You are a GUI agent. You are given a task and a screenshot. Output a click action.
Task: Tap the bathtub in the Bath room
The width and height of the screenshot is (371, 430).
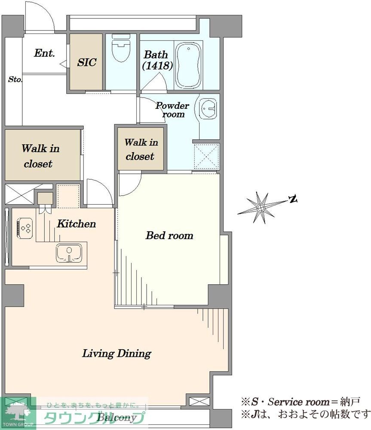188,65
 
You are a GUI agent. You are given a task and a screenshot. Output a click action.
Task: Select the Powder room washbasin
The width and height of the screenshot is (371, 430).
208,109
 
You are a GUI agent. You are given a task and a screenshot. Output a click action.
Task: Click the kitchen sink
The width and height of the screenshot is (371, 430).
69,253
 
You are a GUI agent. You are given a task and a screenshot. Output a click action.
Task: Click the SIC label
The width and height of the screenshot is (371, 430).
87,62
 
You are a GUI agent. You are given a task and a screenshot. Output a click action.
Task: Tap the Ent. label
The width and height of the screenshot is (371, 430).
44,53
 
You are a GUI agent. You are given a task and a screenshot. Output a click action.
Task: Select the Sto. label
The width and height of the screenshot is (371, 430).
15,80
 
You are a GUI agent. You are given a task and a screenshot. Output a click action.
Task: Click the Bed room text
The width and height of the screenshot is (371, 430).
169,235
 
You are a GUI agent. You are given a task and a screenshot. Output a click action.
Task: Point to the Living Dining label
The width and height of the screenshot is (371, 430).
117,353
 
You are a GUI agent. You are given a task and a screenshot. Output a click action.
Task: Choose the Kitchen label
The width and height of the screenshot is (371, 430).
77,224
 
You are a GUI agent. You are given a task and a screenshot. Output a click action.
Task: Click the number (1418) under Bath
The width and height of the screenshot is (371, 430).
157,65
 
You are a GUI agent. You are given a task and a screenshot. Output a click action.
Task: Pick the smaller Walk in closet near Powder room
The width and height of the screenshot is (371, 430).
141,149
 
